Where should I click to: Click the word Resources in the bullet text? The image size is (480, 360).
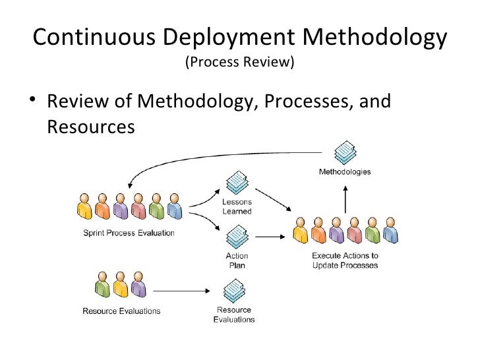tap(91, 125)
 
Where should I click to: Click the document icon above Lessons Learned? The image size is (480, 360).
tap(236, 182)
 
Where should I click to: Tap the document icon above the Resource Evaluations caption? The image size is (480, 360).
tap(234, 291)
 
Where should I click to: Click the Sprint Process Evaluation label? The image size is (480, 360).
tap(129, 232)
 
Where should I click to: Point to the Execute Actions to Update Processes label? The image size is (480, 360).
tap(345, 260)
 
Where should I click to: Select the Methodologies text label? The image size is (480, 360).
tap(345, 172)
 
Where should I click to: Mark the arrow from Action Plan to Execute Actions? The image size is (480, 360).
tap(274, 234)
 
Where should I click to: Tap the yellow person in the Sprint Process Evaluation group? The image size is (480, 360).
tap(84, 206)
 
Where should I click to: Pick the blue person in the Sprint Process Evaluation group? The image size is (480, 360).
tap(174, 206)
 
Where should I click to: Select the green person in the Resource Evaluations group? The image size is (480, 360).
tap(102, 286)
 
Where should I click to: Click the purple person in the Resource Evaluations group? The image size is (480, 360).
tap(138, 286)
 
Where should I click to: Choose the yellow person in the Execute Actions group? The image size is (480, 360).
tap(300, 230)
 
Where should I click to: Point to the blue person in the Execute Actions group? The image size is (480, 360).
tap(390, 230)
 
